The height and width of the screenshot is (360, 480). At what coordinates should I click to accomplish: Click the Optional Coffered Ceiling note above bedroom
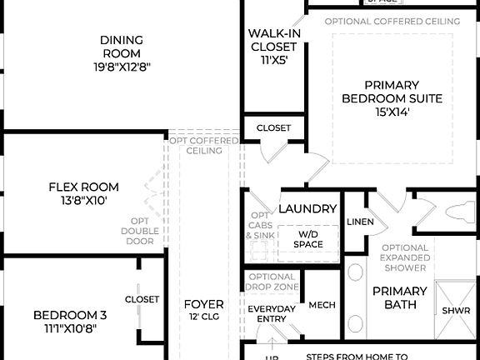pyautogui.click(x=392, y=21)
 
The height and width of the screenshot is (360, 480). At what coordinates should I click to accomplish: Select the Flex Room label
pyautogui.click(x=83, y=187)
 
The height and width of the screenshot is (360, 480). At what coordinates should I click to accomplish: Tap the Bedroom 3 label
pyautogui.click(x=70, y=315)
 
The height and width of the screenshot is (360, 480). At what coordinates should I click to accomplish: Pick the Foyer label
pyautogui.click(x=203, y=304)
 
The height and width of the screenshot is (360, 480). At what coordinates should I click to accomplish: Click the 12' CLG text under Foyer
pyautogui.click(x=203, y=318)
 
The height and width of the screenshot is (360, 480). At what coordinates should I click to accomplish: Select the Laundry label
pyautogui.click(x=307, y=209)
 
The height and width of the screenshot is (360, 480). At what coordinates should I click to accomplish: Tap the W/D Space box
pyautogui.click(x=307, y=240)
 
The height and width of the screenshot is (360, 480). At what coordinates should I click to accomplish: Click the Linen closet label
pyautogui.click(x=360, y=222)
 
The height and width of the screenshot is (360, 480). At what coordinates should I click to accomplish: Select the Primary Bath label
pyautogui.click(x=399, y=298)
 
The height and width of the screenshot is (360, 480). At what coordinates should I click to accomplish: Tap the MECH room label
pyautogui.click(x=322, y=305)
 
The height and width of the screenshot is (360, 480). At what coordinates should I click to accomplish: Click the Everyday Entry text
pyautogui.click(x=271, y=314)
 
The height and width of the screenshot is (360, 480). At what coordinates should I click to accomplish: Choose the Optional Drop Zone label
pyautogui.click(x=272, y=282)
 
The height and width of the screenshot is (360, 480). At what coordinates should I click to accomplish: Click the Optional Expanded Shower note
pyautogui.click(x=405, y=257)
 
